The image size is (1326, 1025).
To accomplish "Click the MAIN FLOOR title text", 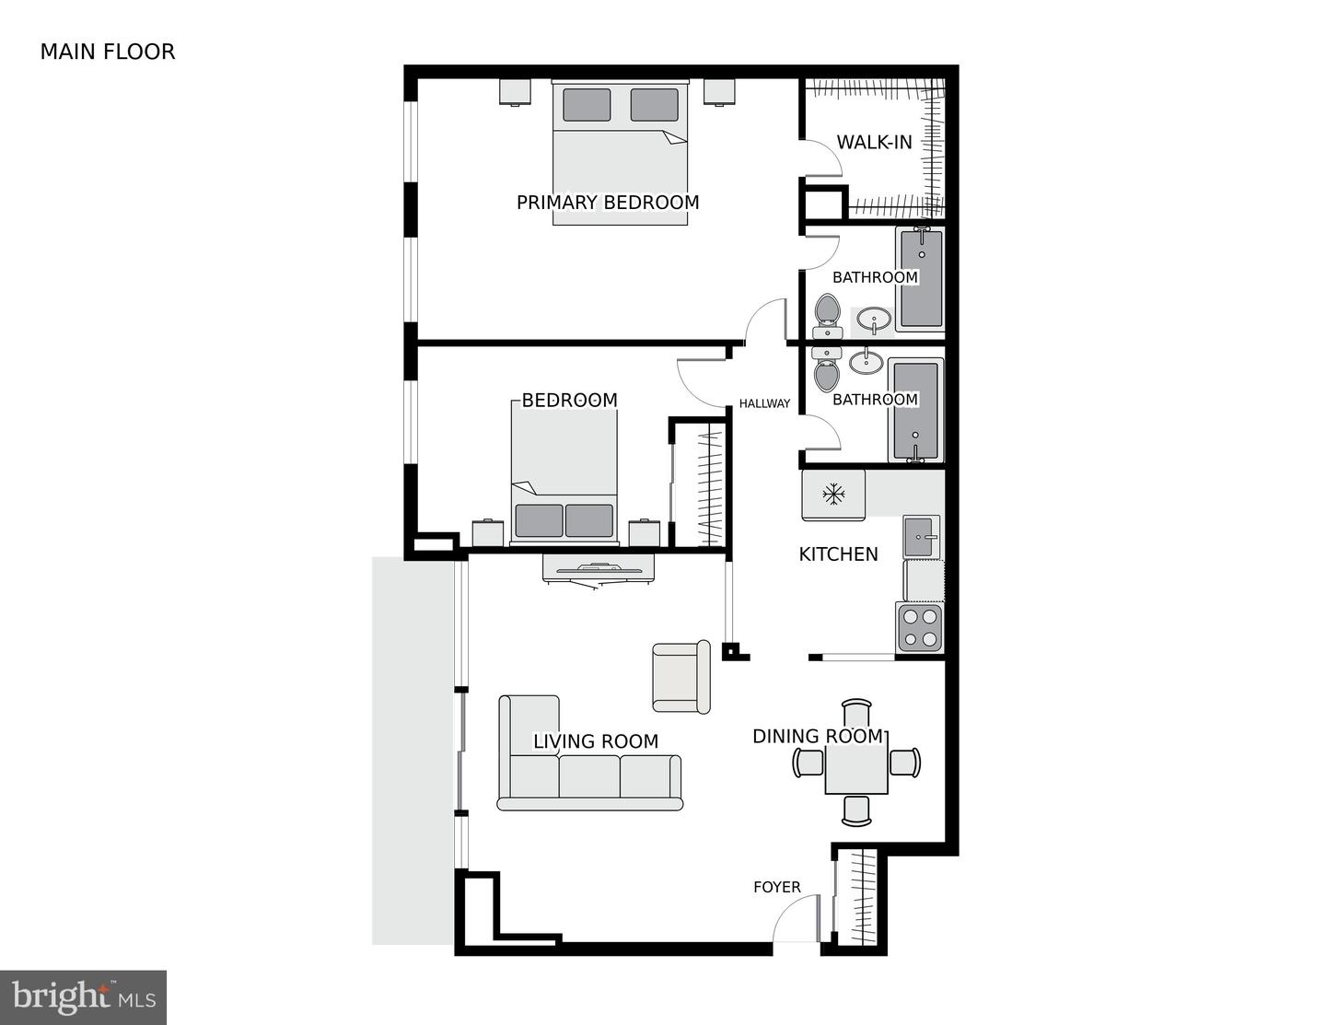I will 107,52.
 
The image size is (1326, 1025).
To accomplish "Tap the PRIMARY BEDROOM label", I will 607,203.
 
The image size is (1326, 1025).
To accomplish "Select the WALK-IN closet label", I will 874,143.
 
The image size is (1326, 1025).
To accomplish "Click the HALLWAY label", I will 764,403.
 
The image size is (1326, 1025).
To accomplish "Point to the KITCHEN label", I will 838,554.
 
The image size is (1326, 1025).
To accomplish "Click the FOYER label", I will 776,887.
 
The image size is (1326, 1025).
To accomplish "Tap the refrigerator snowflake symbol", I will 833,495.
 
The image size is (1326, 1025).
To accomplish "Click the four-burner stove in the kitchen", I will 920,628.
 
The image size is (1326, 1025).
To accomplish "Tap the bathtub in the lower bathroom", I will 915,408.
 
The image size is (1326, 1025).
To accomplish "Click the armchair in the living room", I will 680,677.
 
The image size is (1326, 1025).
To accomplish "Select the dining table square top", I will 856,763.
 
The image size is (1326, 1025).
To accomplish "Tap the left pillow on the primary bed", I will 587,104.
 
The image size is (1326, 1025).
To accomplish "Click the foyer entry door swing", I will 795,921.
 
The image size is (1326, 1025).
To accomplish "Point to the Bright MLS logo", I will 83,997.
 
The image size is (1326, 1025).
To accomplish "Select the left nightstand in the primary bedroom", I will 516,91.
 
